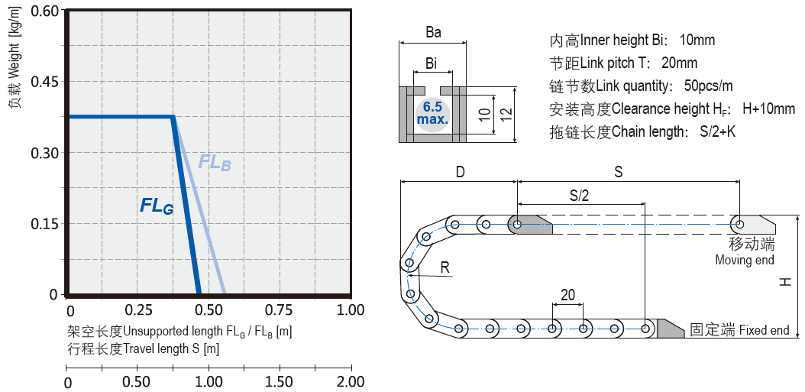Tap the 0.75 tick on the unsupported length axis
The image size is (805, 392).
pyautogui.click(x=280, y=310)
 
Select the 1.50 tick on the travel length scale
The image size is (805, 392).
pyautogui.click(x=280, y=381)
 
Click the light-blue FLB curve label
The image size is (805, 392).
pyautogui.click(x=214, y=163)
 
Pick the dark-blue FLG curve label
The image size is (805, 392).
pyautogui.click(x=157, y=206)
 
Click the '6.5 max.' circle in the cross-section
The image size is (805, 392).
pyautogui.click(x=433, y=113)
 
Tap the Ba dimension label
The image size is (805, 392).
pyautogui.click(x=433, y=33)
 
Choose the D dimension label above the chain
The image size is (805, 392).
pyautogui.click(x=460, y=172)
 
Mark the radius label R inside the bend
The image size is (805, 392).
pyautogui.click(x=445, y=267)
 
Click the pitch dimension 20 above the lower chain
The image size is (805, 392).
pyautogui.click(x=567, y=295)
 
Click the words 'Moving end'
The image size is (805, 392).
pyautogui.click(x=745, y=260)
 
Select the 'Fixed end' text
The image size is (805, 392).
pyautogui.click(x=764, y=330)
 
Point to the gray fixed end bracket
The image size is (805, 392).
pyautogui.click(x=670, y=329)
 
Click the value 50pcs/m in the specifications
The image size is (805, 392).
pyautogui.click(x=708, y=86)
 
